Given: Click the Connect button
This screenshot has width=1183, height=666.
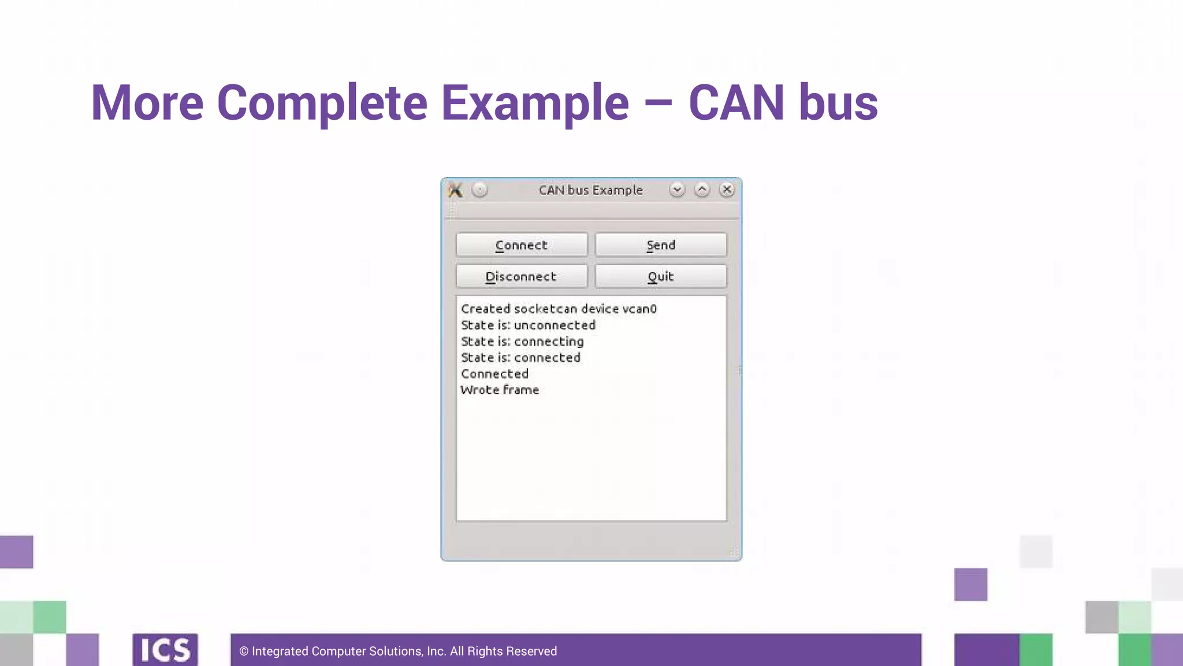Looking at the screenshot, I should pos(522,245).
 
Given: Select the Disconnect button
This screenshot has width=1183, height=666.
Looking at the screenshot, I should pos(522,277).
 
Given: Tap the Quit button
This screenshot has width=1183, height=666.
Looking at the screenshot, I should pos(661,277).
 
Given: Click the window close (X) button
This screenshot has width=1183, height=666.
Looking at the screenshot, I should pos(727,190).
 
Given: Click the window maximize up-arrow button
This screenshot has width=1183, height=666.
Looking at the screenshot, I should pos(702,190).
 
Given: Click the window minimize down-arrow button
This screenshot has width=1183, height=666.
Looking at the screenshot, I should pos(677,190).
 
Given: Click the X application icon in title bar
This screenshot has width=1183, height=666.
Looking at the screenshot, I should pos(455,190).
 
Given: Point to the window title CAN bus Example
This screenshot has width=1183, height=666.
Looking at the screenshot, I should pos(590,190).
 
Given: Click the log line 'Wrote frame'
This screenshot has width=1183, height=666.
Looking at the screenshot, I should pos(500,390).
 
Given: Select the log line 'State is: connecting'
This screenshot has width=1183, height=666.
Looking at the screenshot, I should pos(522,342).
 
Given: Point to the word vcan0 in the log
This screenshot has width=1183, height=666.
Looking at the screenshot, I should pos(639,309).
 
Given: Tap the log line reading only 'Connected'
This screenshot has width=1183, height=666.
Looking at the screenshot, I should pos(494,374).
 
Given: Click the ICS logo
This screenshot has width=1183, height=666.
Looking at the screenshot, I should pos(165,650).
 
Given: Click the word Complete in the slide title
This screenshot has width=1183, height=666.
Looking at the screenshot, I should pos(322,103).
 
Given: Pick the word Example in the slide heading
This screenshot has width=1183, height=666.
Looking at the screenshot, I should pos(535,103).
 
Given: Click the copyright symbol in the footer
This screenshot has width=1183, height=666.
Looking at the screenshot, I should pos(244,652).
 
